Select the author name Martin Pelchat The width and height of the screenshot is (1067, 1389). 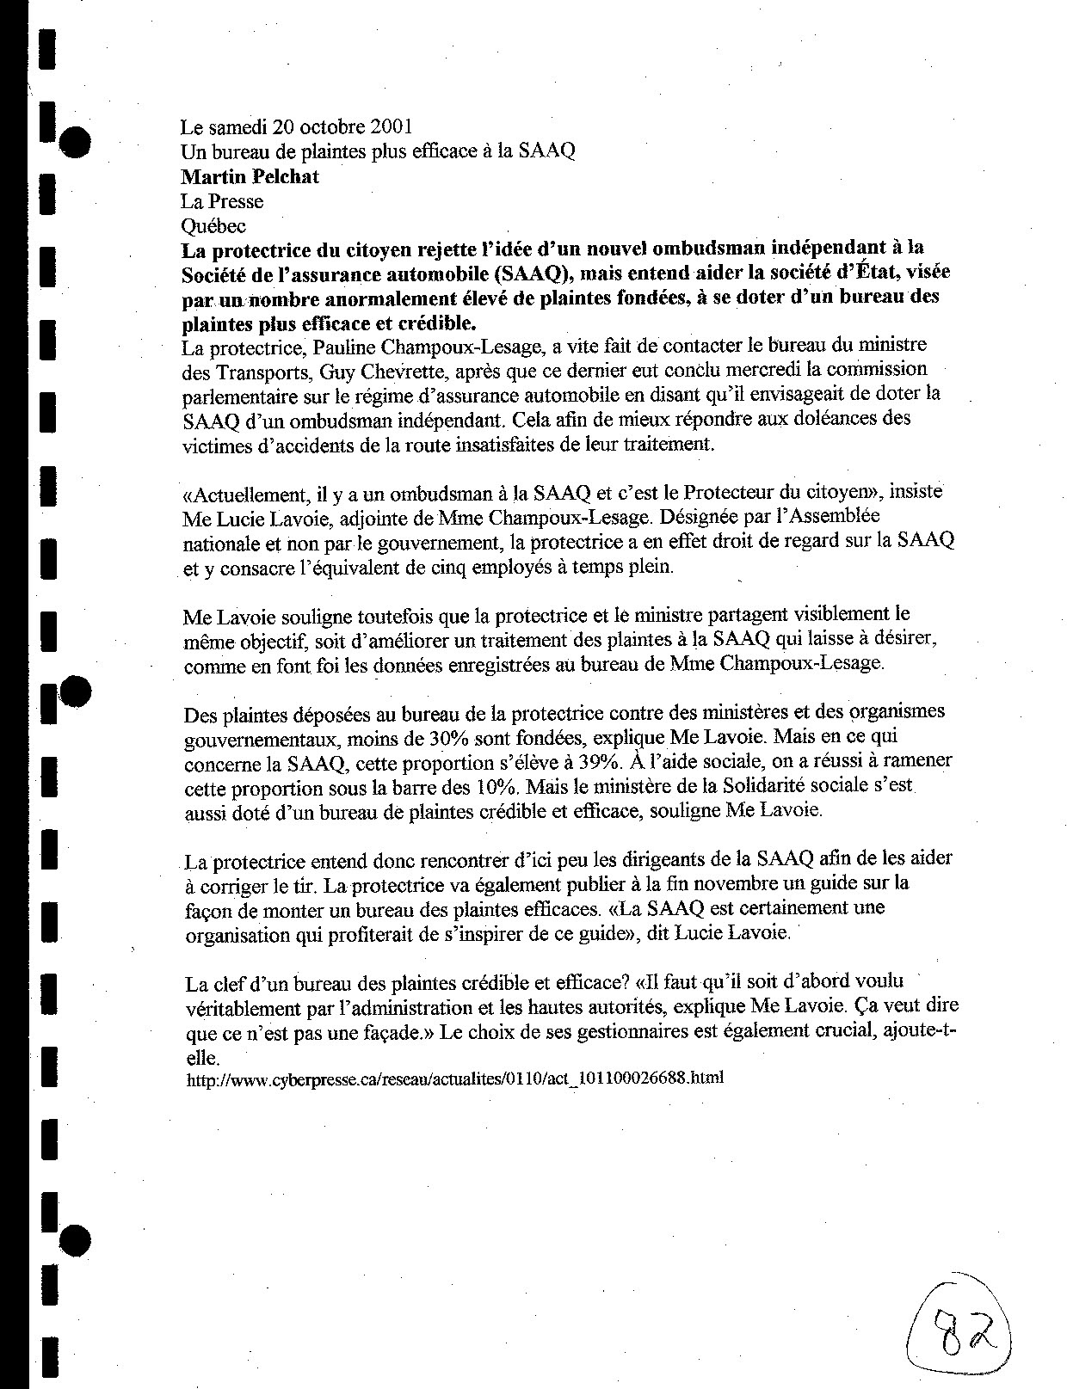(237, 177)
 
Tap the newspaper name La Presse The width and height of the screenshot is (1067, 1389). (221, 201)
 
